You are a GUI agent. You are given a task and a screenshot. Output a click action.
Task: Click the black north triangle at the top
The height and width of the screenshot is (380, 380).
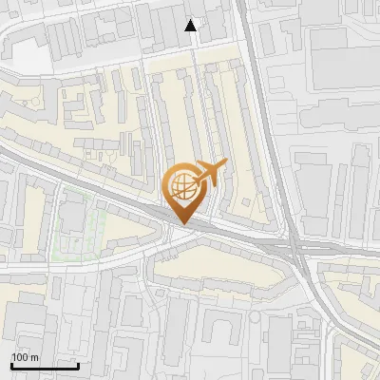tap(192, 26)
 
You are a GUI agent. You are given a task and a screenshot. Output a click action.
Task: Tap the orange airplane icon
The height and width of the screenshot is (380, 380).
tap(210, 174)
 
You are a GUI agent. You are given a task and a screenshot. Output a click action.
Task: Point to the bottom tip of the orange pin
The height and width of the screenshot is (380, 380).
tap(182, 224)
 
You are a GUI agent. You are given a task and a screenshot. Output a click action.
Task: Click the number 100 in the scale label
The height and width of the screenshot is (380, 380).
tap(20, 358)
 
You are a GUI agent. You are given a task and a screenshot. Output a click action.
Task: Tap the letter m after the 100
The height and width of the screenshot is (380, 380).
tap(34, 358)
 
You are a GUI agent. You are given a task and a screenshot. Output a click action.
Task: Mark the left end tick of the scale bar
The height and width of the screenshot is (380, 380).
tap(10, 364)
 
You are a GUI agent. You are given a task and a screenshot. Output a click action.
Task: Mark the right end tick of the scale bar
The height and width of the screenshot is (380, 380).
tap(78, 364)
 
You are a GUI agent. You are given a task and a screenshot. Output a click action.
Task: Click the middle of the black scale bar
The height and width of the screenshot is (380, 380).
tap(44, 366)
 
